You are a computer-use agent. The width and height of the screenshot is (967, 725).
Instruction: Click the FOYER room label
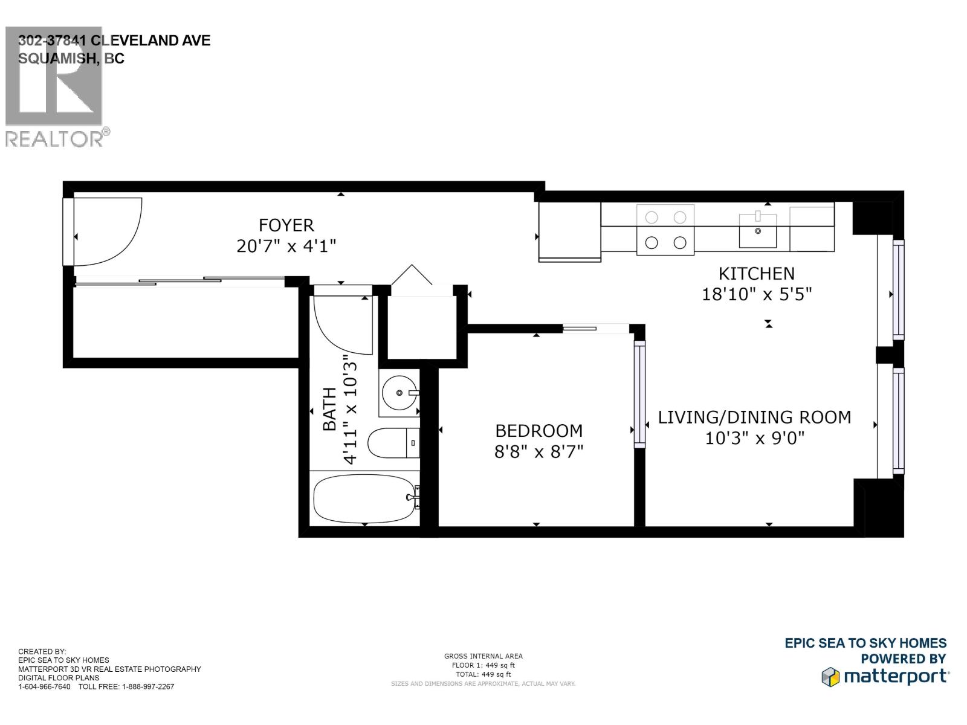(x=286, y=225)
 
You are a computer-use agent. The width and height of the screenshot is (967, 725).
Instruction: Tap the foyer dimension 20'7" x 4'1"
(x=286, y=246)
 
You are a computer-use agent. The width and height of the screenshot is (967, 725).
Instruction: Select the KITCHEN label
(x=756, y=274)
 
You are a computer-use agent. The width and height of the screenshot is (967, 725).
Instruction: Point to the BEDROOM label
(x=538, y=431)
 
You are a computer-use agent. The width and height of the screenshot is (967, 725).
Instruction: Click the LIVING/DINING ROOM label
(x=754, y=417)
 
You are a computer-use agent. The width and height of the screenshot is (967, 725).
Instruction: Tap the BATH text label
(x=330, y=409)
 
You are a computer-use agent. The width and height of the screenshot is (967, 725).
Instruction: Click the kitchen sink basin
(x=758, y=230)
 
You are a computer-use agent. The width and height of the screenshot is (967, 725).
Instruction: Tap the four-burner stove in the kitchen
(x=665, y=230)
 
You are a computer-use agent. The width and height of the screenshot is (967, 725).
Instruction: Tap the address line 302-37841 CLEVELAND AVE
(x=114, y=40)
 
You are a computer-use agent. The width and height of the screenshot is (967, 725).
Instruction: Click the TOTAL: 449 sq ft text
(x=483, y=674)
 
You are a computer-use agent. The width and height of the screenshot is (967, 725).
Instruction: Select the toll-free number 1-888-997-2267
(x=148, y=686)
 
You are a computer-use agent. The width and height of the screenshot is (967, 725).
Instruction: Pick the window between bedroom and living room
(x=639, y=394)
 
